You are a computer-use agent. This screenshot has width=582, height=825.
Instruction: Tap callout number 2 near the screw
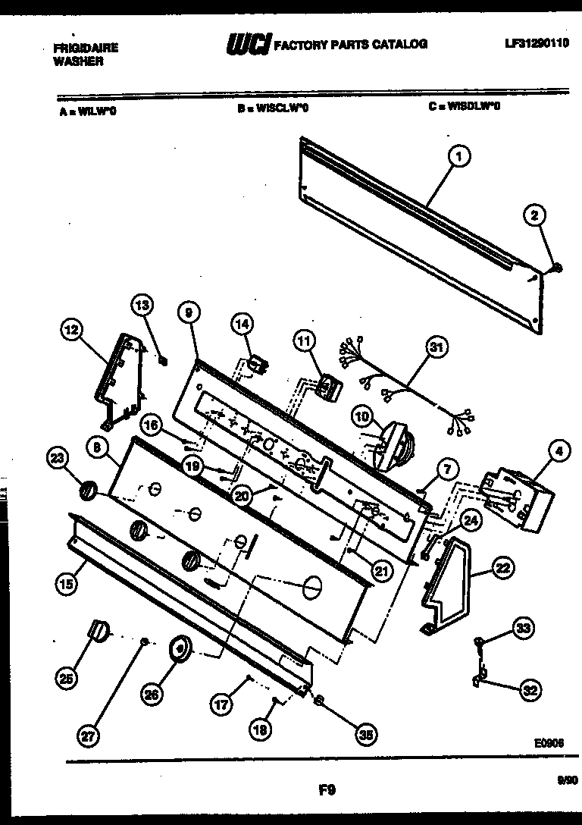click(x=534, y=216)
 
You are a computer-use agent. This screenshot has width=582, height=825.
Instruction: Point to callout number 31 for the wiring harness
click(x=434, y=348)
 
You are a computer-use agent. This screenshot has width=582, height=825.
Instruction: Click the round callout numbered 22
click(x=502, y=566)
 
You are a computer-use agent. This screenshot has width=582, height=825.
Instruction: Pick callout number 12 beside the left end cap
click(x=70, y=330)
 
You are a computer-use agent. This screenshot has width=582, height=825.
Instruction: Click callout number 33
click(x=523, y=628)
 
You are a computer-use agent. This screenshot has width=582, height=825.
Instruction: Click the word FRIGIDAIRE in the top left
click(x=86, y=47)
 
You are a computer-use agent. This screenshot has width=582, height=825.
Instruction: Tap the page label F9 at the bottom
click(x=327, y=791)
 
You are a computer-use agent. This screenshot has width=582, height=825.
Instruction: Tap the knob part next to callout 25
click(x=99, y=629)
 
